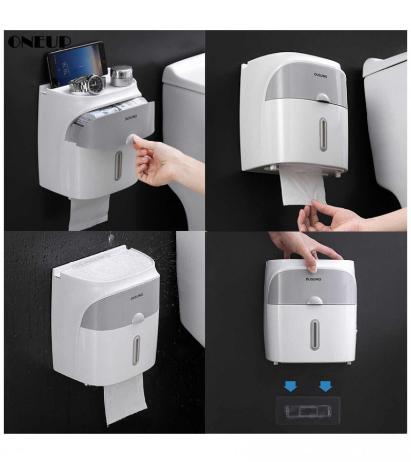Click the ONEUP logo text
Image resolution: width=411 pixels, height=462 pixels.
[40, 42]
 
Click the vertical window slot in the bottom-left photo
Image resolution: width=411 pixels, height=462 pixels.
[136, 350]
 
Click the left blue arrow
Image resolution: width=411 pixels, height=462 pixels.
[291, 386]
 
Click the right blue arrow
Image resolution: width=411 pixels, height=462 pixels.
[326, 386]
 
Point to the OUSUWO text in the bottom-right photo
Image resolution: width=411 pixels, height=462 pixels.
[313, 279]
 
